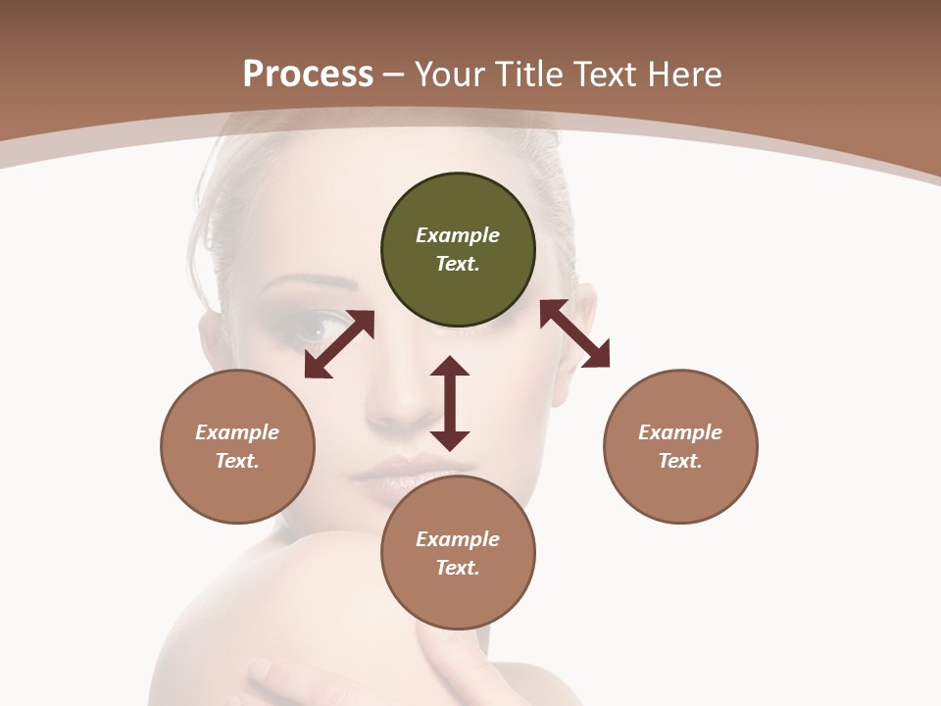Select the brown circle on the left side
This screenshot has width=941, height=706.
(237, 446)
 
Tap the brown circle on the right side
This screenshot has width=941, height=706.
(680, 446)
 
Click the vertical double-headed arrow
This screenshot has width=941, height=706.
(450, 404)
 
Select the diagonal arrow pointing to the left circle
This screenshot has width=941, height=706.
(339, 344)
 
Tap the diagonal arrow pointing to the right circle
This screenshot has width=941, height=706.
(575, 333)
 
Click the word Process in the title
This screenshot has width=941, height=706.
(308, 74)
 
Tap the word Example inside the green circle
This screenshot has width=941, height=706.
(458, 235)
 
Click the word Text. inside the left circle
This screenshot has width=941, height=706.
(237, 461)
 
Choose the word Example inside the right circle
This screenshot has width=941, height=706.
(680, 432)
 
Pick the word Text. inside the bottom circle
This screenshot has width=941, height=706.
(458, 568)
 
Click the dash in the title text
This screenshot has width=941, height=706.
(393, 75)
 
